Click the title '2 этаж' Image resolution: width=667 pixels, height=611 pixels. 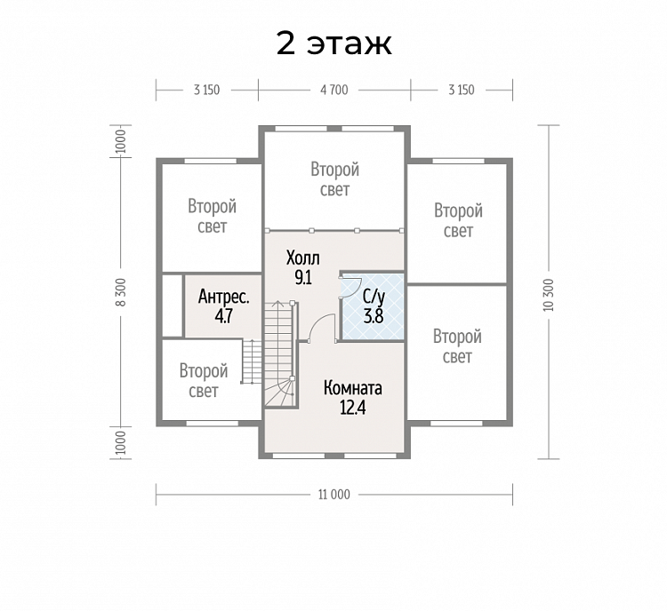pyautogui.click(x=333, y=44)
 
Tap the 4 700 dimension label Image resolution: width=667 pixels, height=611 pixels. pyautogui.click(x=334, y=90)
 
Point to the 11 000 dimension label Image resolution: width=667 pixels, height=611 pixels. pyautogui.click(x=334, y=495)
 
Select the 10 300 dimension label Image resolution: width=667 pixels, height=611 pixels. pyautogui.click(x=549, y=295)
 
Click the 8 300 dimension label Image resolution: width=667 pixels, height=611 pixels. pyautogui.click(x=121, y=292)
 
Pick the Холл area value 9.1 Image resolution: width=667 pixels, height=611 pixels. pyautogui.click(x=303, y=277)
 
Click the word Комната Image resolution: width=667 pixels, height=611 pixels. pyautogui.click(x=353, y=388)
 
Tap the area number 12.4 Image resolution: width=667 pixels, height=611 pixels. pyautogui.click(x=353, y=408)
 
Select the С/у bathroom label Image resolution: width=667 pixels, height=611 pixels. pyautogui.click(x=374, y=297)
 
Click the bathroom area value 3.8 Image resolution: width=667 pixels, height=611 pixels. pyautogui.click(x=374, y=316)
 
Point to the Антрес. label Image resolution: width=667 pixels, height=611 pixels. pyautogui.click(x=224, y=297)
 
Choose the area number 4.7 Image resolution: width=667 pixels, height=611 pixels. pyautogui.click(x=224, y=316)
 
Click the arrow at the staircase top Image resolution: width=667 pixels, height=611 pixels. pyautogui.click(x=278, y=304)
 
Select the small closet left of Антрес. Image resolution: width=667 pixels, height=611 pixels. pyautogui.click(x=173, y=305)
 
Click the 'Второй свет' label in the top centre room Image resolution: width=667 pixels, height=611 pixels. pyautogui.click(x=334, y=179)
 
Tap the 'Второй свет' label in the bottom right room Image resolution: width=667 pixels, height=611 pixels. pyautogui.click(x=457, y=346)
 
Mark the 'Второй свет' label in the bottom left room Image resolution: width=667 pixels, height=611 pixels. pyautogui.click(x=204, y=381)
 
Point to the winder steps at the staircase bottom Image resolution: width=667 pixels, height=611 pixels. pyautogui.click(x=279, y=393)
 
